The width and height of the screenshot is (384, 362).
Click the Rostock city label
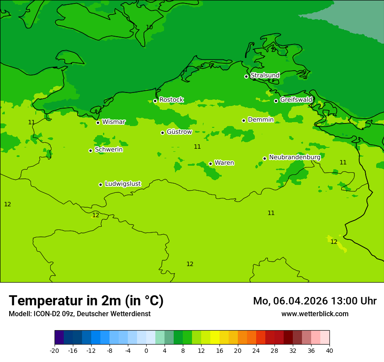tap(171, 100)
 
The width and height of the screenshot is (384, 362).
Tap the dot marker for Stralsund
tap(246, 76)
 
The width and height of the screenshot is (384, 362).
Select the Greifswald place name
tap(296, 100)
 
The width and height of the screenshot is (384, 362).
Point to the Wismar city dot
tap(98, 123)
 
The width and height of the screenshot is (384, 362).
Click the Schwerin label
tap(108, 150)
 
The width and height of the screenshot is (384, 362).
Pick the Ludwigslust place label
tap(123, 184)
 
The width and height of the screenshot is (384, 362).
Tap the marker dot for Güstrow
tap(162, 133)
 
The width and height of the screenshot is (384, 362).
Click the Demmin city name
tap(261, 120)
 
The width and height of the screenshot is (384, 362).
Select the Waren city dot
tap(210, 164)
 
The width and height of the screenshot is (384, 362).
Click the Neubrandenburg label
tap(295, 157)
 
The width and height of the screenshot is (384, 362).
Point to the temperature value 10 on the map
tap(149, 27)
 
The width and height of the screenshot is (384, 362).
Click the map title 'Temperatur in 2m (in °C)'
tap(86, 301)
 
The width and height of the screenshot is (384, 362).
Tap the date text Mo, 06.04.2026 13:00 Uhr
tap(315, 301)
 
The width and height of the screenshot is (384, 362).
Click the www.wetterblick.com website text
tap(315, 314)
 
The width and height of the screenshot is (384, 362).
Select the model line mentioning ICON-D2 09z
tap(79, 314)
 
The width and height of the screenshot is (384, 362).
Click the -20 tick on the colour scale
tap(55, 350)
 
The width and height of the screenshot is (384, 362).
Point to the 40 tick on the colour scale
tap(329, 350)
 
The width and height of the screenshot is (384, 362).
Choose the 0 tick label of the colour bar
tap(146, 350)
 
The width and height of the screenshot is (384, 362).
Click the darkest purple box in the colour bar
tap(59, 338)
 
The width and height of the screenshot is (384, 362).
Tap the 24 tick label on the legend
tap(256, 350)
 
